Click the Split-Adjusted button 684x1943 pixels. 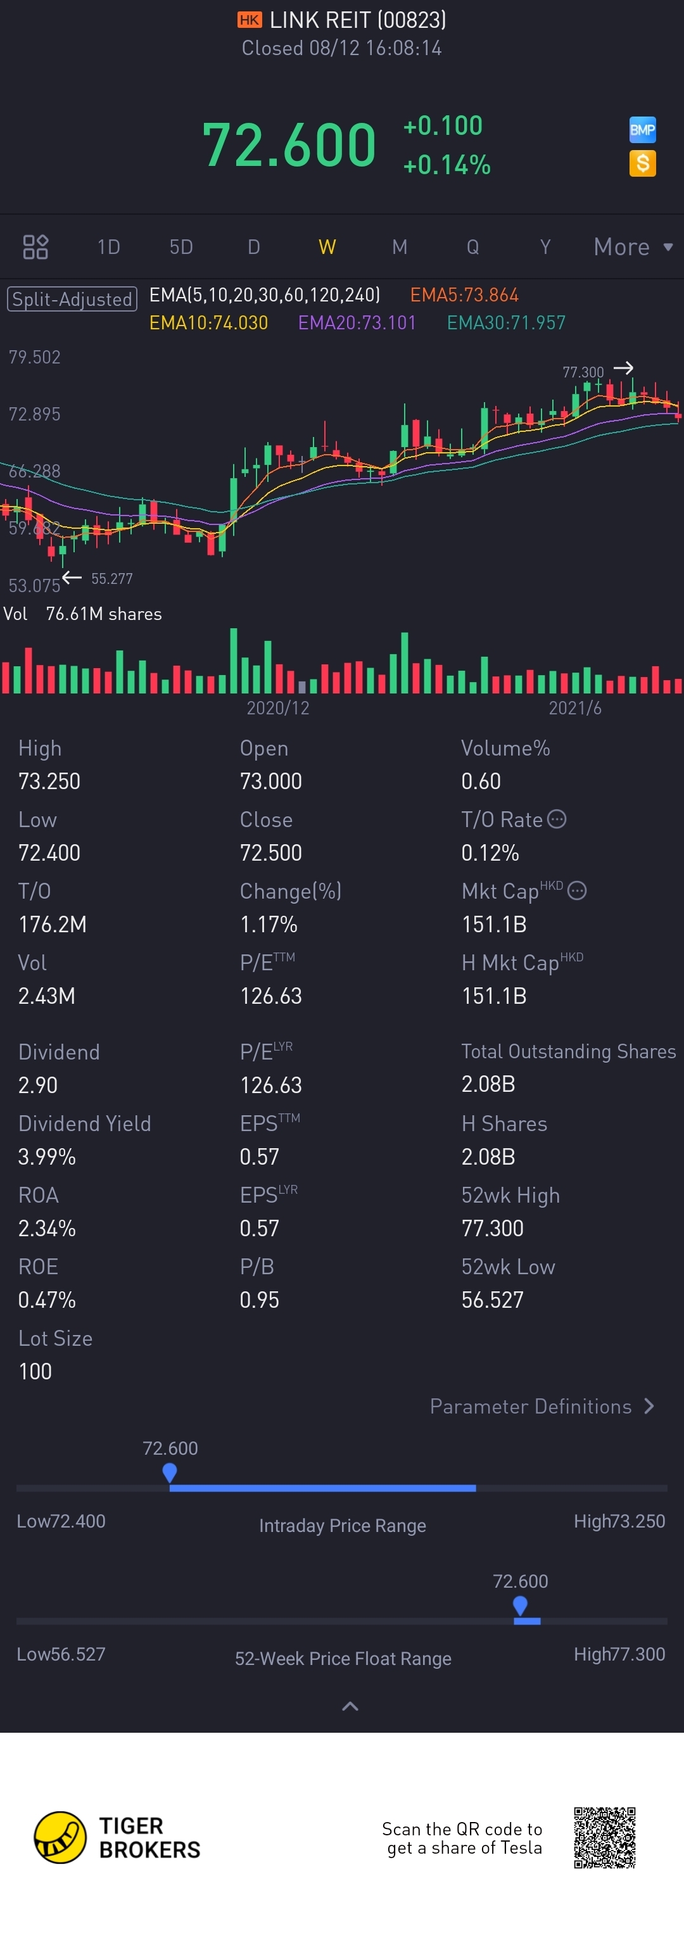point(72,300)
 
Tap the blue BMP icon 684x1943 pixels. point(643,130)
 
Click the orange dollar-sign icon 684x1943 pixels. point(643,163)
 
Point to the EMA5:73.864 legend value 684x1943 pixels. point(464,295)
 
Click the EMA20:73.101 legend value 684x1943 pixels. point(357,323)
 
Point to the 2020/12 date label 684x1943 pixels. point(277,707)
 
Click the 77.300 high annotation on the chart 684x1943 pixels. point(583,372)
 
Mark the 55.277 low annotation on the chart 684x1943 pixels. point(111,578)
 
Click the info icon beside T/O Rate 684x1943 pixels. point(557,819)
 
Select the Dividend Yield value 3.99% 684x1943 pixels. point(47,1156)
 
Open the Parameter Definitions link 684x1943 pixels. point(541,1406)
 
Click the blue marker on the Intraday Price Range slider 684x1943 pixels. point(170,1472)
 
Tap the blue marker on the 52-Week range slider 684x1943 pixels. point(519,1604)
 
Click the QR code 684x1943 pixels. point(604,1837)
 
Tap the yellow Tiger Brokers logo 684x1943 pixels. point(60,1837)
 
